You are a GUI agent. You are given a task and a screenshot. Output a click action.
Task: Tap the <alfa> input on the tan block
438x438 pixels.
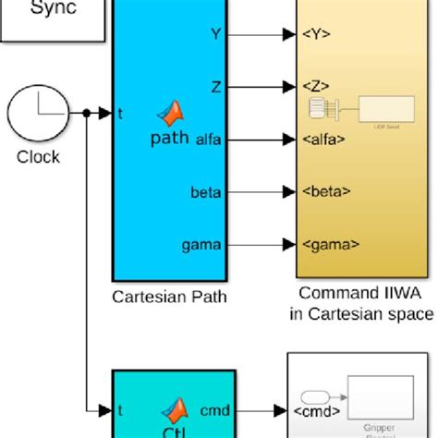[324, 140]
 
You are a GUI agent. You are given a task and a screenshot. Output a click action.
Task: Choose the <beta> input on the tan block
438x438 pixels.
[325, 192]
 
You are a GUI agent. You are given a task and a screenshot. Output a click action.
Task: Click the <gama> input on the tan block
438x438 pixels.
[328, 244]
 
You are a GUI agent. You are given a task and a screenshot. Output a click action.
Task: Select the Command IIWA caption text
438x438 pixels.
[367, 295]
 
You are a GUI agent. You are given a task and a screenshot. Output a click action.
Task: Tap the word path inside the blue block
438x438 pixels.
[168, 139]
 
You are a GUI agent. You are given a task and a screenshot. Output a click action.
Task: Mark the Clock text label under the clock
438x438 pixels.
[37, 156]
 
